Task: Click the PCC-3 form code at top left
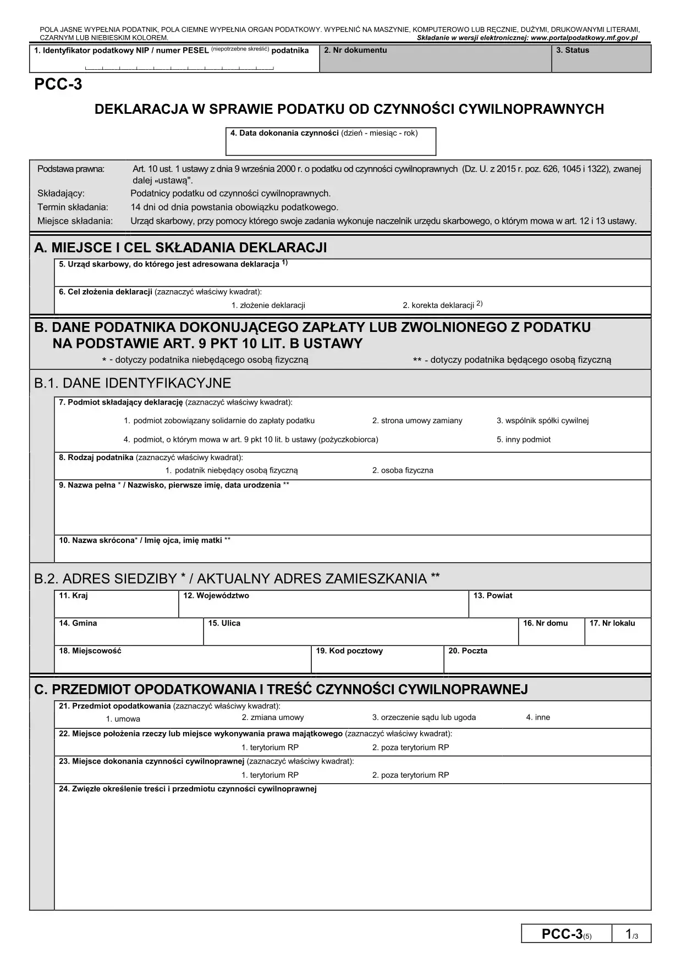[x=58, y=85]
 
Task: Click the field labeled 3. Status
[x=601, y=59]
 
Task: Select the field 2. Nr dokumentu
[x=435, y=59]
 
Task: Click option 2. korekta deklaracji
[x=442, y=305]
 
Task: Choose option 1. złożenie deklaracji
[x=268, y=305]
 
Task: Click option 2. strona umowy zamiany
[x=417, y=420]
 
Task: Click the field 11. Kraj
[x=116, y=605]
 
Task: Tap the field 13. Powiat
[x=559, y=605]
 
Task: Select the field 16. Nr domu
[x=551, y=632]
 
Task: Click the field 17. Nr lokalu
[x=618, y=632]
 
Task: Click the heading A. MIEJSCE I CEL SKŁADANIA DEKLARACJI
[x=180, y=248]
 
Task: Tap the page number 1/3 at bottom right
[x=631, y=934]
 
